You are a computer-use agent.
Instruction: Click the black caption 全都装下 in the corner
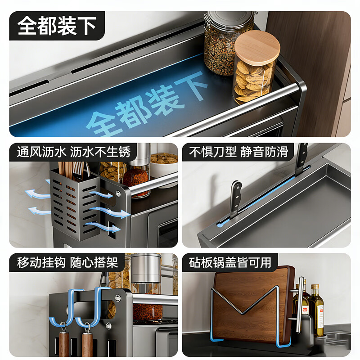coord(57,26)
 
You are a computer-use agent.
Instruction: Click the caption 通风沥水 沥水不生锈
coord(74,152)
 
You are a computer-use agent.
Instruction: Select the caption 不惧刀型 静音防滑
coord(238,152)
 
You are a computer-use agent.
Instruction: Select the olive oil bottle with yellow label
coord(316,310)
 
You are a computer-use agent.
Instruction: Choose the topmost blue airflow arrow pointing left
coord(37,194)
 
